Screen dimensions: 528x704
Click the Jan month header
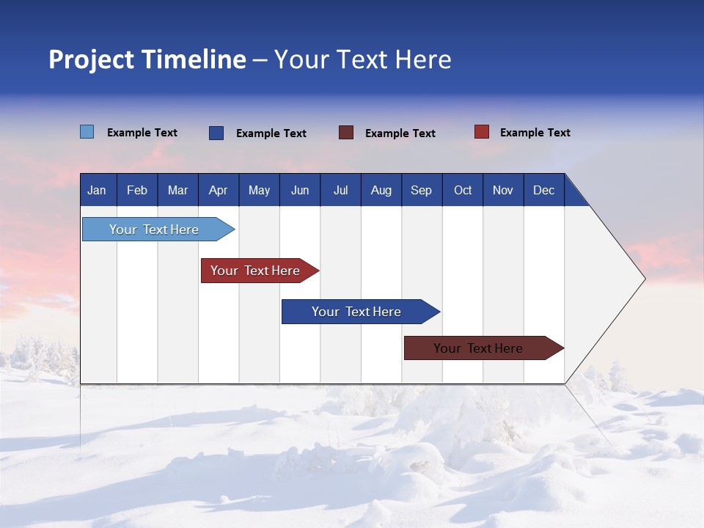(97, 190)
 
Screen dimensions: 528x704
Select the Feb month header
(137, 190)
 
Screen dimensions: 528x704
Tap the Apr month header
(218, 190)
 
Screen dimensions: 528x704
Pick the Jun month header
(300, 190)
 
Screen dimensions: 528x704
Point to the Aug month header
(381, 190)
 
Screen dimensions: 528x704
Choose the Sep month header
(421, 190)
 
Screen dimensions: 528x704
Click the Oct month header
(463, 190)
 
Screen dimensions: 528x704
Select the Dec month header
(543, 190)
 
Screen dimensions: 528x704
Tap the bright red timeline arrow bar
(257, 271)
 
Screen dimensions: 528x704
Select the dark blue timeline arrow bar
(358, 312)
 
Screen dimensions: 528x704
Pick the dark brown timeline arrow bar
(480, 348)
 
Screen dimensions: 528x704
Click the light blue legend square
(87, 132)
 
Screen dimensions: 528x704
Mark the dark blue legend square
(216, 133)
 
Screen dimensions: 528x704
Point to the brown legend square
(346, 133)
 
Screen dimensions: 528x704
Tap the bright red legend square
(482, 132)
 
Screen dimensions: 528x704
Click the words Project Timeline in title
(147, 59)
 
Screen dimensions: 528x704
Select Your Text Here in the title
(362, 59)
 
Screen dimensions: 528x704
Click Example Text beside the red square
(535, 133)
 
